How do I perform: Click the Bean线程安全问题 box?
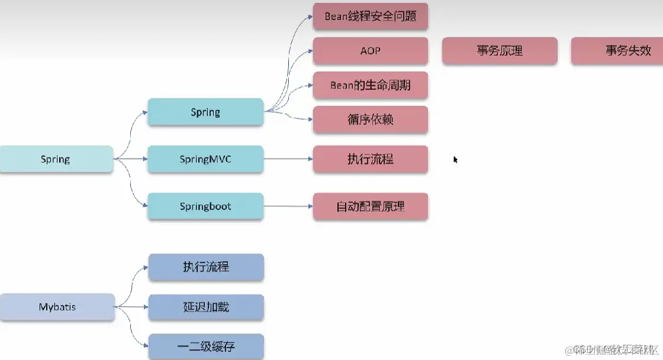(370, 17)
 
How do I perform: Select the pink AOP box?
(370, 51)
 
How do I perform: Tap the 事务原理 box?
(500, 51)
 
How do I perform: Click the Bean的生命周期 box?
(370, 85)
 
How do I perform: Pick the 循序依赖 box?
(370, 120)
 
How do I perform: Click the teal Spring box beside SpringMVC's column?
(205, 112)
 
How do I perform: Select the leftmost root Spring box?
(55, 159)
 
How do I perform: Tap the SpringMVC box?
(205, 159)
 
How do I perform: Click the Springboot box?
(205, 207)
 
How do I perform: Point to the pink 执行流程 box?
(370, 159)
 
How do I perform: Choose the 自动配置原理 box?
(370, 207)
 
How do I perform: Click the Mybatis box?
(57, 307)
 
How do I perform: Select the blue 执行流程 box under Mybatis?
(205, 267)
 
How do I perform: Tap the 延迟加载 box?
(205, 307)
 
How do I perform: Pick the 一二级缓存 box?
(205, 346)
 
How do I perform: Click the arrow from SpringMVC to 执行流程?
(288, 159)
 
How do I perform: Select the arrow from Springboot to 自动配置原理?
(288, 207)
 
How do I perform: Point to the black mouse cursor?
(455, 159)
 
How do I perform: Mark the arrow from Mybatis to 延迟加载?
(131, 307)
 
